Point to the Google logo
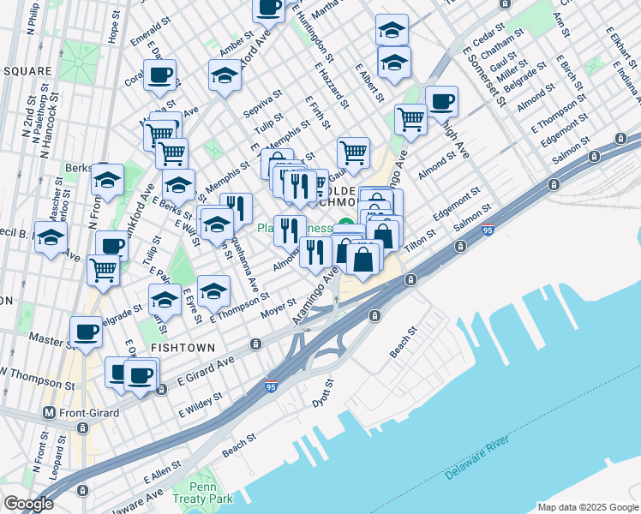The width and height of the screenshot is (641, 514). point(27,504)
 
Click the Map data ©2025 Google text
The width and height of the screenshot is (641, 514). point(587,507)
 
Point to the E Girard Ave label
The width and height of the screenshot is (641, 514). point(205,369)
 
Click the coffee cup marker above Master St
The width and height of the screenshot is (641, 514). point(85,331)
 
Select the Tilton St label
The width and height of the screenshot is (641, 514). point(421,237)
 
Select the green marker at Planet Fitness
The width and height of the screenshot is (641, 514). point(345,226)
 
